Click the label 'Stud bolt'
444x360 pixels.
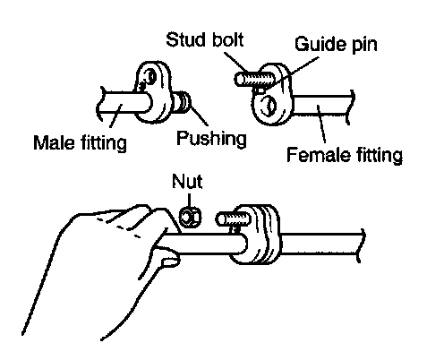[205, 39]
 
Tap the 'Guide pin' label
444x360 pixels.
[336, 44]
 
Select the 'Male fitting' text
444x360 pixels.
[80, 142]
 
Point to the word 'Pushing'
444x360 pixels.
[211, 139]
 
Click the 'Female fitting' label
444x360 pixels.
[345, 155]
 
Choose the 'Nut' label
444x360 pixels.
[187, 181]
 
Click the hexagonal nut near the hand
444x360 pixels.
[190, 217]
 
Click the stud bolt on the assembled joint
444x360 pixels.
[234, 219]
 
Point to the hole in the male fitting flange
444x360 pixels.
[151, 76]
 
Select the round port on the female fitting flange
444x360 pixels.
[269, 106]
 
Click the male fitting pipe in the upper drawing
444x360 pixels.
[124, 102]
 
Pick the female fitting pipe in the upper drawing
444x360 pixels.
[323, 105]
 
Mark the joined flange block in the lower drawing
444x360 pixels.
[255, 235]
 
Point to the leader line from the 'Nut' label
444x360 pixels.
[189, 200]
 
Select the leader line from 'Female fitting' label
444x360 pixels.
[321, 124]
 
